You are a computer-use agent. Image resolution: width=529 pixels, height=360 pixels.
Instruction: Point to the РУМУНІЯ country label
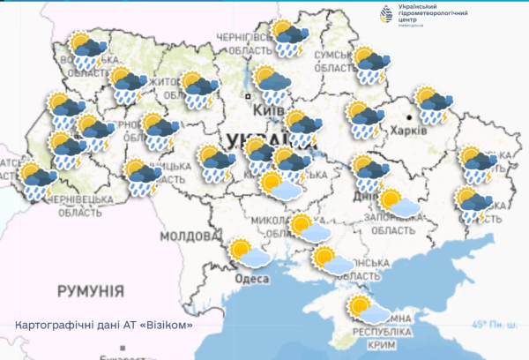[91, 290]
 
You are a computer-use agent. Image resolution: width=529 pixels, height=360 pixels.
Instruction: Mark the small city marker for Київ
[250, 96]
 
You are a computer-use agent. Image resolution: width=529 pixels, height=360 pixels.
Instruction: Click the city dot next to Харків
[411, 116]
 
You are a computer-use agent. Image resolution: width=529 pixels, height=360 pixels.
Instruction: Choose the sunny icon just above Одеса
[249, 254]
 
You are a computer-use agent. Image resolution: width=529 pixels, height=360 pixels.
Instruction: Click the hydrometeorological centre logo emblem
[385, 16]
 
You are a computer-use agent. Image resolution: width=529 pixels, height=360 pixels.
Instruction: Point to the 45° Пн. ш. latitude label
[494, 325]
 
